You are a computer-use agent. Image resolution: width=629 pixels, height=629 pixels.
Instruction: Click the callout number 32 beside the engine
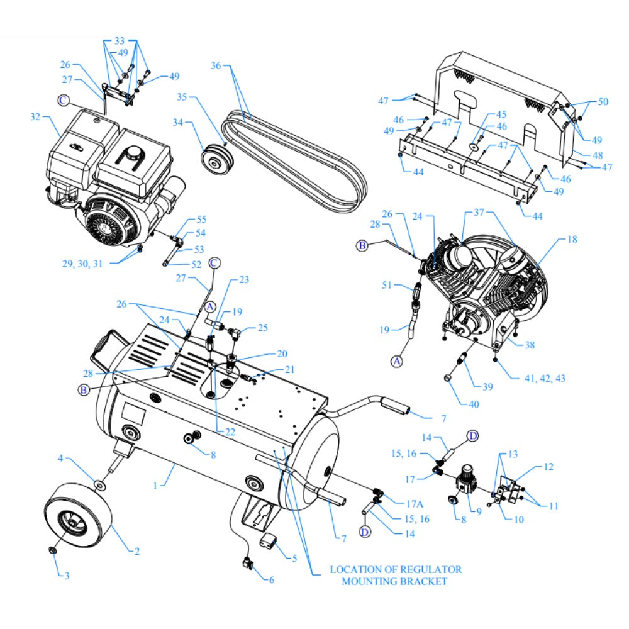[35, 116]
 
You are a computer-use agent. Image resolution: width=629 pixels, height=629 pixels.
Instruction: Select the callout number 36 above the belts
[216, 65]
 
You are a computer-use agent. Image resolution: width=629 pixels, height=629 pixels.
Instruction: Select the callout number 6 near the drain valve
[272, 580]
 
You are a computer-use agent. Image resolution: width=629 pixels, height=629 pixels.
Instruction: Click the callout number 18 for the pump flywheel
[571, 240]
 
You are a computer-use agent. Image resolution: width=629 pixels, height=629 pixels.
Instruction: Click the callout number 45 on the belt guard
[501, 114]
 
